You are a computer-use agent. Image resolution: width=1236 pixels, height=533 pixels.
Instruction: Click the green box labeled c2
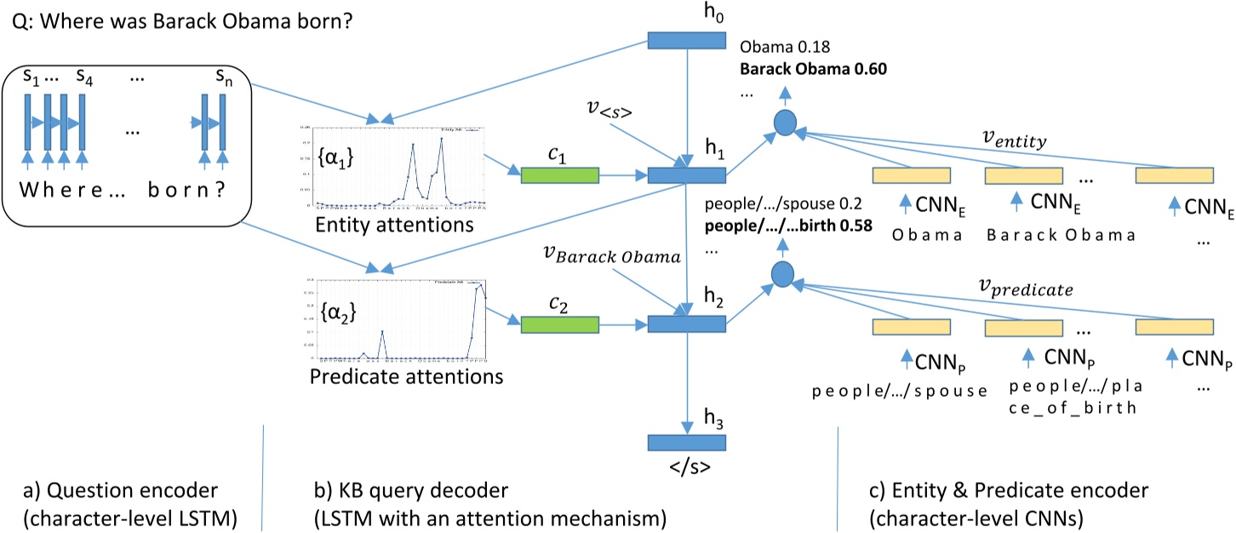[x=559, y=324]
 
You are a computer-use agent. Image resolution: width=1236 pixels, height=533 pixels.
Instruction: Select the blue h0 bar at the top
[x=686, y=40]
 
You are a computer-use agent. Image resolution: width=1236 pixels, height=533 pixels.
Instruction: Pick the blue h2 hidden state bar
[x=686, y=324]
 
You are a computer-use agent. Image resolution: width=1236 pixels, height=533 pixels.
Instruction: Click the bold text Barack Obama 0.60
[x=814, y=70]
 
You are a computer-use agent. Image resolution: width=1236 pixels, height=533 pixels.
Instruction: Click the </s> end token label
[x=686, y=467]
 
